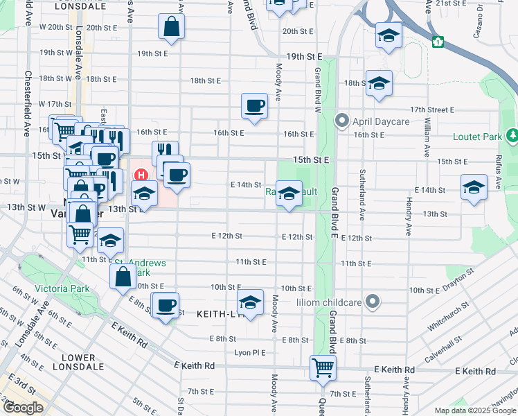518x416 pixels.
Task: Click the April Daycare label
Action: point(381,121)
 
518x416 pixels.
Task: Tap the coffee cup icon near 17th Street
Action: point(254,105)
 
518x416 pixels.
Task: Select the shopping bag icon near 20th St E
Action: point(171,27)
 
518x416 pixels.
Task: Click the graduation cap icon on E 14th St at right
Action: point(474,187)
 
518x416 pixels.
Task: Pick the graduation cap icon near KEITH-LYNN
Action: point(250,302)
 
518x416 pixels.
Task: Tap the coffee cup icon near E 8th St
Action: point(166,305)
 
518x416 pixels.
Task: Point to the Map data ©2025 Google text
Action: point(474,410)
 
